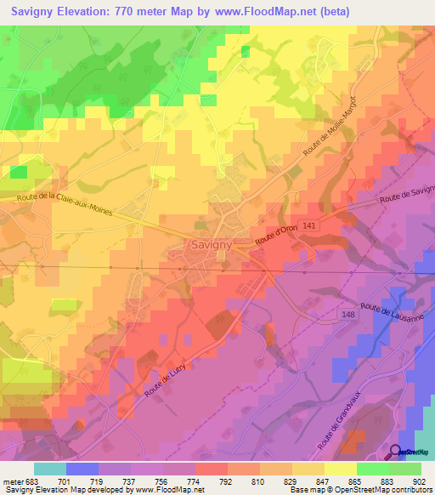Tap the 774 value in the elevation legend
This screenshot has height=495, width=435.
pos(195,481)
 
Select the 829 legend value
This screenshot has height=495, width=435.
pos(291,481)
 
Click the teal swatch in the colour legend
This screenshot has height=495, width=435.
pos(50,468)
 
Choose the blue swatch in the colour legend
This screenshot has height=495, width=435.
pos(82,468)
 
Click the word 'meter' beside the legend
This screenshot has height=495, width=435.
pos(14,481)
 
